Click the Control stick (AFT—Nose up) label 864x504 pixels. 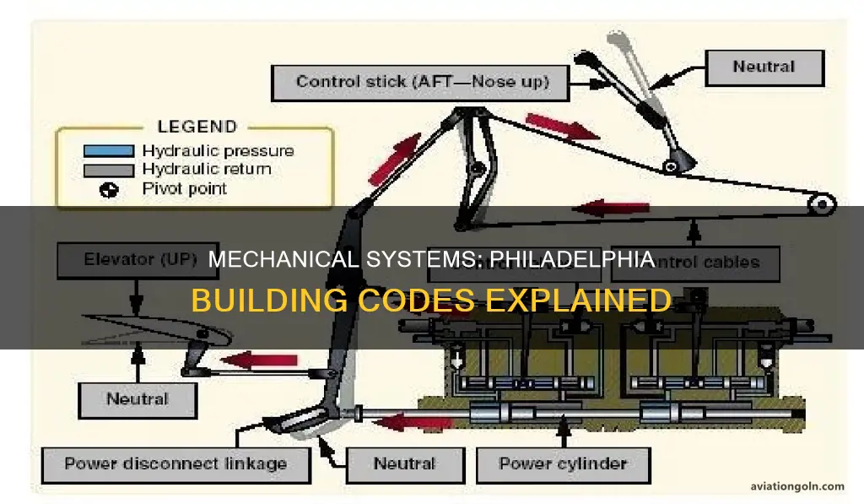point(421,82)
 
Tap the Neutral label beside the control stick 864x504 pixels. point(763,67)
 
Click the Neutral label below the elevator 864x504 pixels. point(137,398)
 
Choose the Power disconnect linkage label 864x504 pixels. point(175,463)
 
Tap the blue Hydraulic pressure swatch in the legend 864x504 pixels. point(108,151)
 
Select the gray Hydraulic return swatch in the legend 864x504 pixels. point(108,170)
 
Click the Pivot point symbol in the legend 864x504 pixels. point(108,189)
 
